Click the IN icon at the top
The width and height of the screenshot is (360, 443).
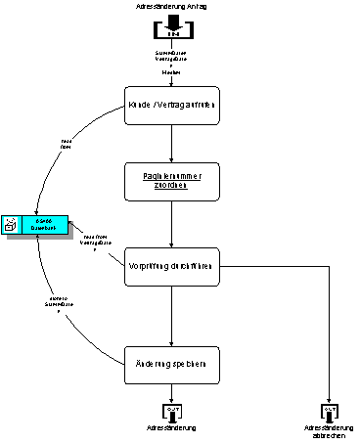[x=171, y=24]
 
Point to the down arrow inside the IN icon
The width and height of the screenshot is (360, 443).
[x=171, y=21]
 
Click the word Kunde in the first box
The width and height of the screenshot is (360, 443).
[x=141, y=105]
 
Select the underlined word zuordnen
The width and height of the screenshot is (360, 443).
[x=171, y=186]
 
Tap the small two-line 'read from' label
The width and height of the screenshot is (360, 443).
[x=67, y=144]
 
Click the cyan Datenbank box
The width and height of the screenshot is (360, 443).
[x=44, y=225]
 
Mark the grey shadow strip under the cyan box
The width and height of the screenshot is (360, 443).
[x=39, y=238]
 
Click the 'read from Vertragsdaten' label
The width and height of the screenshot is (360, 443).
[x=95, y=243]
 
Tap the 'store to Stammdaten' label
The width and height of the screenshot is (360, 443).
[x=59, y=304]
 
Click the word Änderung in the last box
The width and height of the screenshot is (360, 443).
[x=152, y=365]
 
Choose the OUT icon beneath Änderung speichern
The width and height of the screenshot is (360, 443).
[x=171, y=413]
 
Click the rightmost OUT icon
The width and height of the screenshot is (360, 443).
[x=329, y=413]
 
